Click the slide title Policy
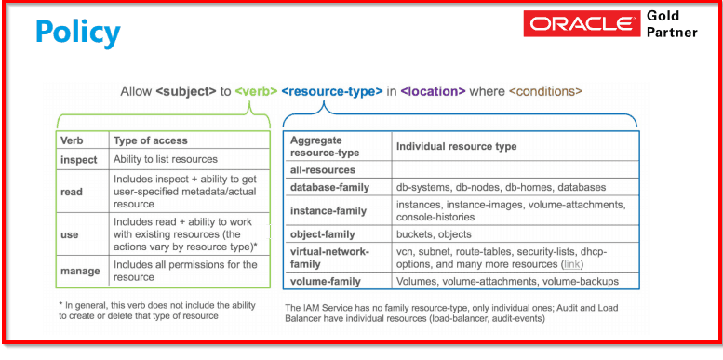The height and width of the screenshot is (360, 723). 77,33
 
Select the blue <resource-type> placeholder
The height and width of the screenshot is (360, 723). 331,91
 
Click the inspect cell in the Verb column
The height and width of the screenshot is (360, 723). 78,159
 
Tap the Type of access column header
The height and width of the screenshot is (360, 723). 150,141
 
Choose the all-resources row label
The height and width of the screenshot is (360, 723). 322,169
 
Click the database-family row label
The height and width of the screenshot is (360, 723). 329,187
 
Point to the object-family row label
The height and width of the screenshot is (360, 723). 322,234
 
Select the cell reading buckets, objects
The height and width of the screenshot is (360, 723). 434,234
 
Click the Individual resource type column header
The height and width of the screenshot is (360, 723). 456,147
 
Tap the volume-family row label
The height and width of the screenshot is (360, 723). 324,281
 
